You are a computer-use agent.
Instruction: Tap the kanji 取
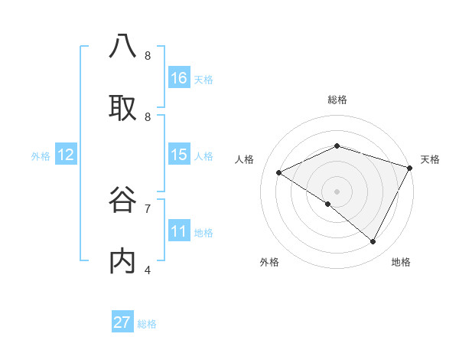[x=122, y=108]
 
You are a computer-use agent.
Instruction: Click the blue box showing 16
[x=179, y=78]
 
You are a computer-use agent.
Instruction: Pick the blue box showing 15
[x=179, y=155]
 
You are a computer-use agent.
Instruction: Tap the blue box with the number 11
[x=179, y=231]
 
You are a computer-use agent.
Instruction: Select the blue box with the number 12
[x=66, y=155]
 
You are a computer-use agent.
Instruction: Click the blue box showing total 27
[x=122, y=322]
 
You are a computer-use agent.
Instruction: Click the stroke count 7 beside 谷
[x=148, y=208]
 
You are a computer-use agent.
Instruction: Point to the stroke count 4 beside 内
[x=148, y=270]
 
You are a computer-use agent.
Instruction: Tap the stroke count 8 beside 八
[x=148, y=55]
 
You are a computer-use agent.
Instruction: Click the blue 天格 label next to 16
[x=203, y=79]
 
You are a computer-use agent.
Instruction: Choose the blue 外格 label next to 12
[x=41, y=155]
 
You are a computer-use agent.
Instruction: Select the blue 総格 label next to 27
[x=147, y=323]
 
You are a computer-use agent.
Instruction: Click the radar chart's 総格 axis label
[x=337, y=100]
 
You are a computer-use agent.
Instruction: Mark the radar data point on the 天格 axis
[x=410, y=168]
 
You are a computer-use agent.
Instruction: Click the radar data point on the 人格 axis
[x=279, y=173]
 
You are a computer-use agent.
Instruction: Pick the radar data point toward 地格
[x=373, y=242]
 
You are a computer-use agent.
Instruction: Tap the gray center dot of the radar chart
[x=337, y=191]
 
